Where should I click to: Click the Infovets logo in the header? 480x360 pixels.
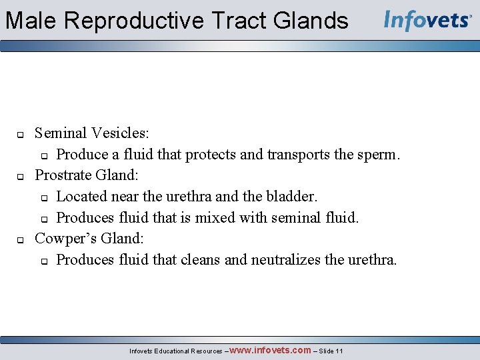(427, 20)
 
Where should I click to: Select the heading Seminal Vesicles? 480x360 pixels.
(92, 133)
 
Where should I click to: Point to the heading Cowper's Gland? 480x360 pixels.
(89, 238)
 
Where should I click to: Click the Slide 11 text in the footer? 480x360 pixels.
(331, 351)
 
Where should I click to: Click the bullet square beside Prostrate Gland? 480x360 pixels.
(20, 177)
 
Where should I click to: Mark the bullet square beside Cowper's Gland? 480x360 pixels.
(20, 239)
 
